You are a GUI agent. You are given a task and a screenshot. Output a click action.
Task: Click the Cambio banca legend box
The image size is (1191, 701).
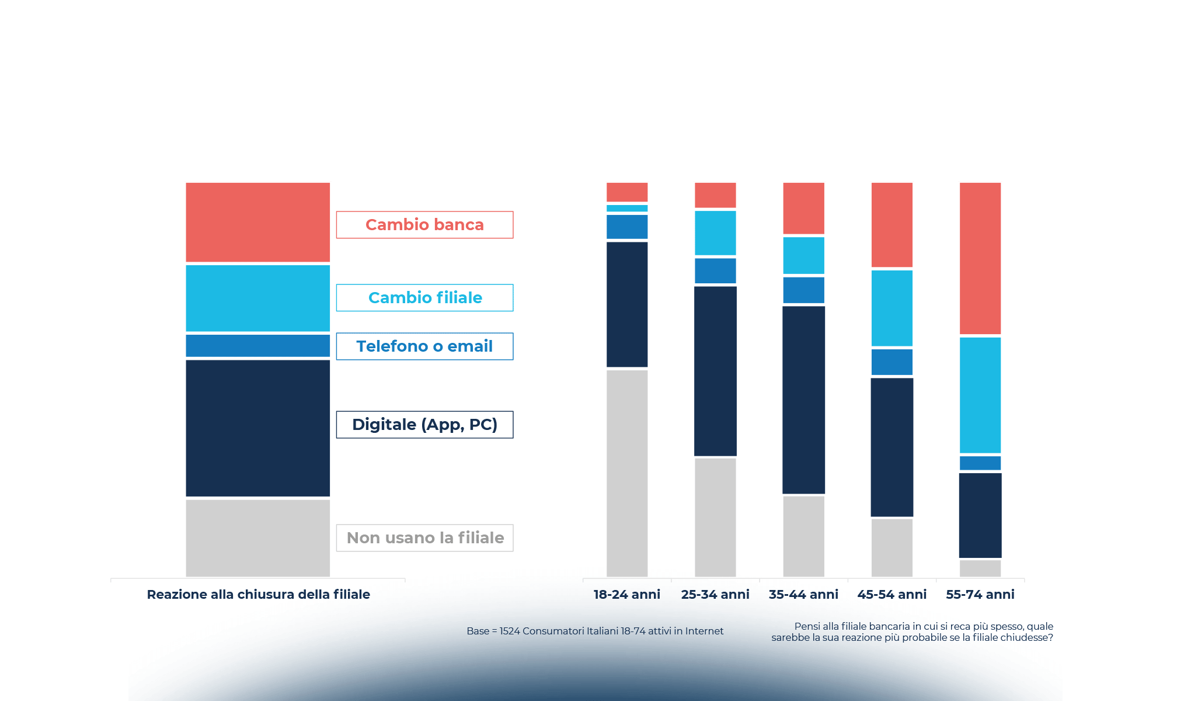pos(424,225)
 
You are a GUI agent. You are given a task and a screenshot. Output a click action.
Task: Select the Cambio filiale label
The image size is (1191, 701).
pos(424,298)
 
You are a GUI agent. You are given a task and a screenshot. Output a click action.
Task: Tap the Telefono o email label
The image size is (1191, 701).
pos(424,346)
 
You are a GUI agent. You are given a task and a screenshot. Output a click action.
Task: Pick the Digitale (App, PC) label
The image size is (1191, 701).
pos(424,425)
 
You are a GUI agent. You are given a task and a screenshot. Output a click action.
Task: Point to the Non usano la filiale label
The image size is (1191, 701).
pos(424,538)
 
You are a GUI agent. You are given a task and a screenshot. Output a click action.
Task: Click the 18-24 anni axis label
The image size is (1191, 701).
pos(626,595)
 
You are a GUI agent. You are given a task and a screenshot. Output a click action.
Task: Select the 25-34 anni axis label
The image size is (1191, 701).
pos(715,595)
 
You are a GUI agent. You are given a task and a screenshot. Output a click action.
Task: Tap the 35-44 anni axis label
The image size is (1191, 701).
pos(803,595)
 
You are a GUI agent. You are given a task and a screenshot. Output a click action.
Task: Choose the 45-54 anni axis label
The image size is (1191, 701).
pos(891,595)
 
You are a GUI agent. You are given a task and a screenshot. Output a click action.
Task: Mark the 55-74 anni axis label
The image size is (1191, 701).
pos(980,595)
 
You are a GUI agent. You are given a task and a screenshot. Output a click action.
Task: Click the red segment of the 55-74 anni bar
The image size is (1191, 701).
pos(980,258)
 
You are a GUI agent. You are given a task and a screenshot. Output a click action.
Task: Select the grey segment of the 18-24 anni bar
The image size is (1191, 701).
pos(626,473)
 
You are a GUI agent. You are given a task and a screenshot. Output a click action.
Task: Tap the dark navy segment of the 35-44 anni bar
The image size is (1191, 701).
pos(803,400)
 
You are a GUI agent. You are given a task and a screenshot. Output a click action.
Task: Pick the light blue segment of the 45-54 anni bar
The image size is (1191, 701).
pos(891,308)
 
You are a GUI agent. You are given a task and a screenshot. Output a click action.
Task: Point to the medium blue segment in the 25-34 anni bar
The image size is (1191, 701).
pos(715,271)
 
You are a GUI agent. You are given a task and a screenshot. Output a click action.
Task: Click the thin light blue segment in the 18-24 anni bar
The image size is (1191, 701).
pos(626,209)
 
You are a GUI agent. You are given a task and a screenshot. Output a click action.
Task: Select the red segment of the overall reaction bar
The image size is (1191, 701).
pos(257,222)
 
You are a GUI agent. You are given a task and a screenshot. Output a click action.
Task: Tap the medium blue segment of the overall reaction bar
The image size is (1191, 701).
pos(257,346)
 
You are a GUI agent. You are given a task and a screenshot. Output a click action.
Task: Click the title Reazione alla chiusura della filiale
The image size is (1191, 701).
pos(258,595)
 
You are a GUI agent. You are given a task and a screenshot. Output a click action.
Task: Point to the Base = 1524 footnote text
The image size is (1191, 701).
pos(595,631)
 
